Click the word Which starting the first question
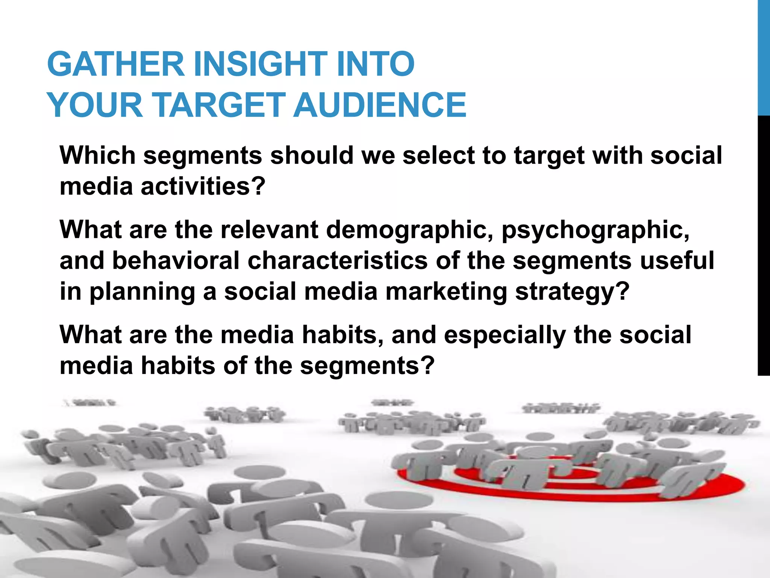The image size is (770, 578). (97, 155)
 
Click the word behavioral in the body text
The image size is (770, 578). (176, 260)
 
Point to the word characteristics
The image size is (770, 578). (337, 260)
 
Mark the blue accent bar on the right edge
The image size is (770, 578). (764, 56)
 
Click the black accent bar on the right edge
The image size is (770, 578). (764, 245)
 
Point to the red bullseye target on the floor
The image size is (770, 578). (571, 485)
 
